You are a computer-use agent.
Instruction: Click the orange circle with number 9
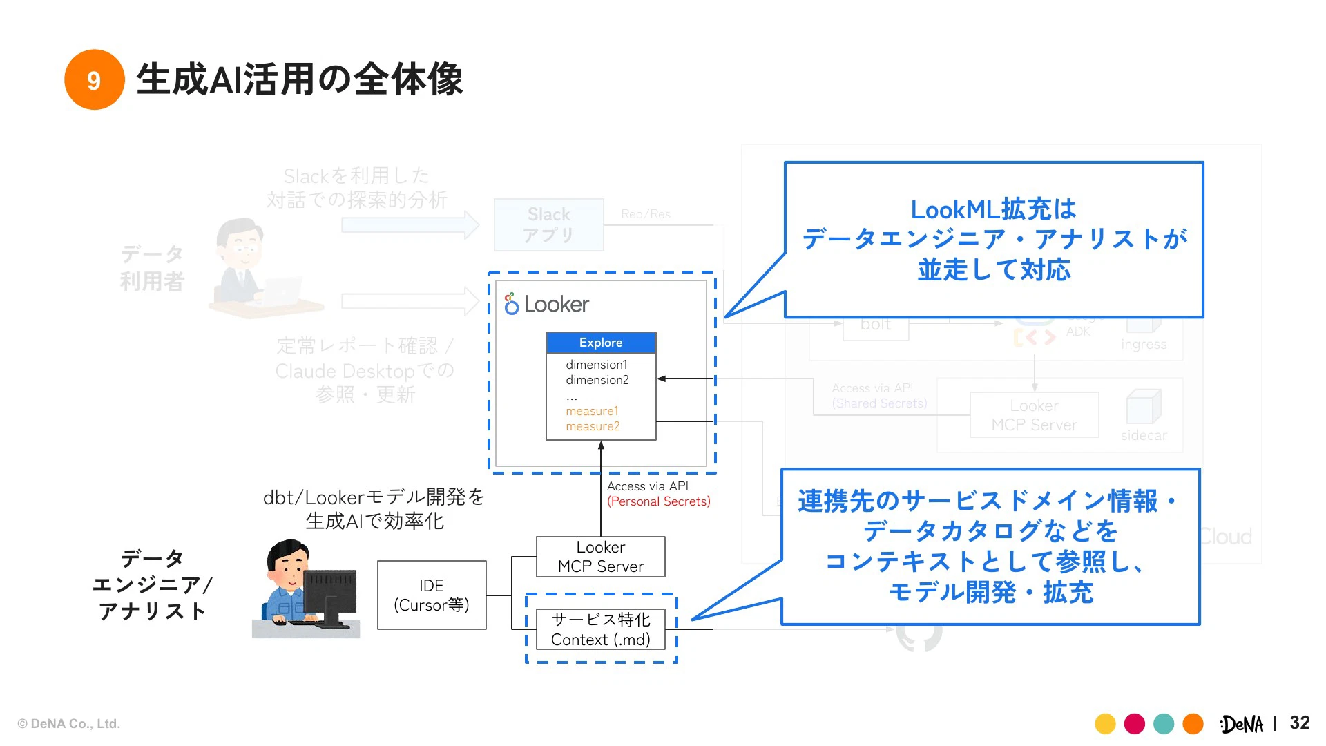[x=94, y=79]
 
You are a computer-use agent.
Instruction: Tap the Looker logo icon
[x=511, y=303]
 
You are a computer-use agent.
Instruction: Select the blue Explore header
[x=600, y=343]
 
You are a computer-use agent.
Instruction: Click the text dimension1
[x=596, y=365]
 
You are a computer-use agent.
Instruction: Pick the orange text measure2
[x=593, y=426]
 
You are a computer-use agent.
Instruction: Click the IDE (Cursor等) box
[x=432, y=595]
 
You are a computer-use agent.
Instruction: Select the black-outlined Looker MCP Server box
[x=600, y=557]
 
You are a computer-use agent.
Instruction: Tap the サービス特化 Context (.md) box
[x=600, y=629]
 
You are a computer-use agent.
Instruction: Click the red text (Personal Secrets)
[x=658, y=501]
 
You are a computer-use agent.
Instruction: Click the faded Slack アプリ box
[x=548, y=224]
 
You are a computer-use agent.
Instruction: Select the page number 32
[x=1299, y=723]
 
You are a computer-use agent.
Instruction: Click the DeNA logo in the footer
[x=1241, y=724]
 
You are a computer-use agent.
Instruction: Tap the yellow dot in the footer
[x=1105, y=724]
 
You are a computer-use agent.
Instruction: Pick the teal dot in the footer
[x=1164, y=724]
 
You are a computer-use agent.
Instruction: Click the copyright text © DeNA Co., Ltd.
[x=68, y=724]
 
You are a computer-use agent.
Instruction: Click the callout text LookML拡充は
[x=993, y=209]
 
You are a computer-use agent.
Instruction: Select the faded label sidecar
[x=1143, y=435]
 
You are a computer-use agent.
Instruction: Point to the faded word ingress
[x=1143, y=344]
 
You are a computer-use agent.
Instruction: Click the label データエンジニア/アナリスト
[x=152, y=584]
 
